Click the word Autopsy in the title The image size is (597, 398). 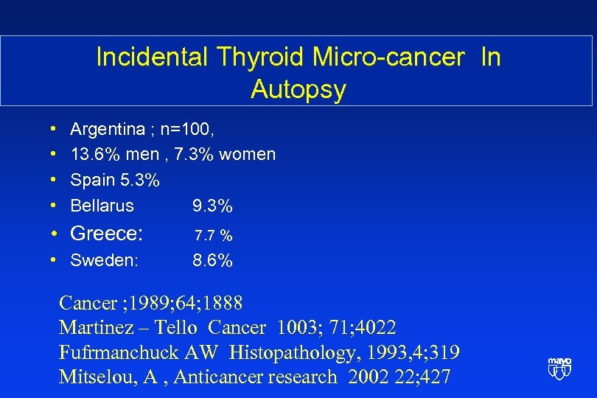click(x=298, y=90)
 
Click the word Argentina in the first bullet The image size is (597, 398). click(x=108, y=130)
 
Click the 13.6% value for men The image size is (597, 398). click(x=94, y=155)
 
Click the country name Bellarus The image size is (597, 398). click(x=102, y=206)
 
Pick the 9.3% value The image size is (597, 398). click(x=212, y=206)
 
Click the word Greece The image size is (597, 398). click(x=106, y=234)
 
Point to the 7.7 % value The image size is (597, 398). click(x=214, y=236)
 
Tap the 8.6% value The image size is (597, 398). click(x=212, y=260)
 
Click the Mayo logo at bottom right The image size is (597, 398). click(x=559, y=368)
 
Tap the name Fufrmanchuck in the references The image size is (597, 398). click(x=122, y=352)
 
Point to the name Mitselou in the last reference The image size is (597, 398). click(x=90, y=377)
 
